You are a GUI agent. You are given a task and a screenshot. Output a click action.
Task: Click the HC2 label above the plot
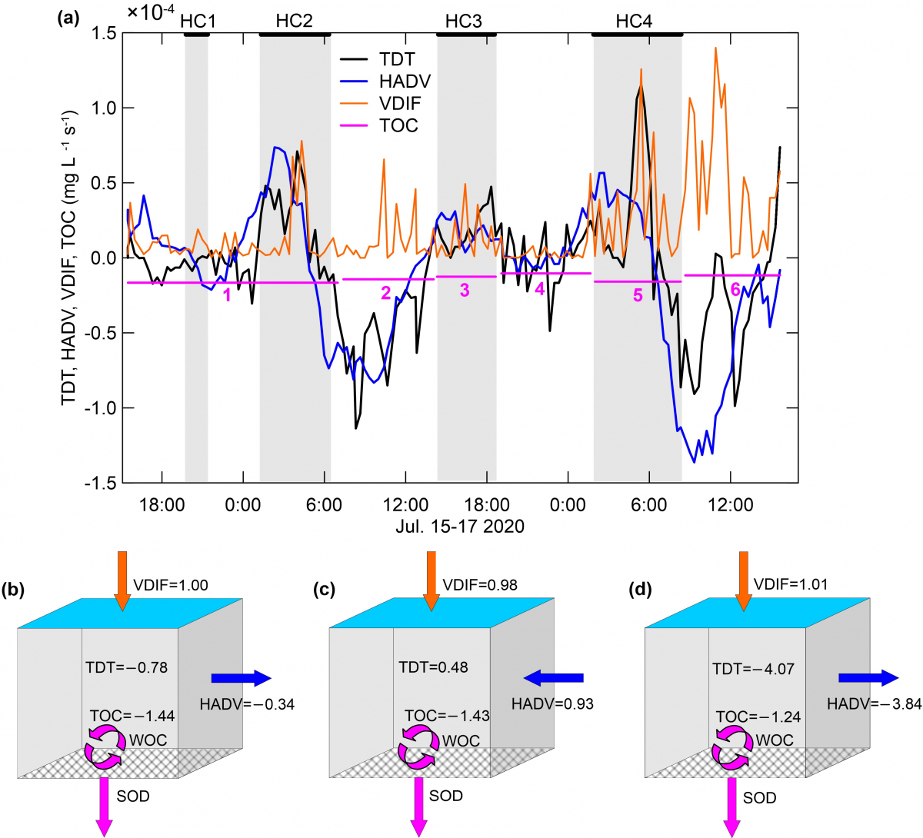pyautogui.click(x=295, y=21)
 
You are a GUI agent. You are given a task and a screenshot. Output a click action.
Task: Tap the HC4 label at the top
pyautogui.click(x=634, y=21)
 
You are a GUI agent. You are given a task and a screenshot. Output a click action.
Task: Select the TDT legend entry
pyautogui.click(x=397, y=59)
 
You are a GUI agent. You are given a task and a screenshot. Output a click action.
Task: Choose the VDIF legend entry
pyautogui.click(x=400, y=104)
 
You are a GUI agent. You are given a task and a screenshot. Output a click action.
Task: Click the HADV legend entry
pyautogui.click(x=405, y=81)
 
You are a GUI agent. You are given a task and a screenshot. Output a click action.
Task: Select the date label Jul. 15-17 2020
pyautogui.click(x=460, y=527)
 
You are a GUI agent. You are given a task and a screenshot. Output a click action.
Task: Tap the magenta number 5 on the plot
pyautogui.click(x=638, y=295)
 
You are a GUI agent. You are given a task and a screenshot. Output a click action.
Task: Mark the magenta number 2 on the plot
pyautogui.click(x=386, y=292)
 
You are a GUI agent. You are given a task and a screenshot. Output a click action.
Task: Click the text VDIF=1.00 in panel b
pyautogui.click(x=171, y=585)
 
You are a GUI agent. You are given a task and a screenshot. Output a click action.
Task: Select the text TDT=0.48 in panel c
pyautogui.click(x=433, y=667)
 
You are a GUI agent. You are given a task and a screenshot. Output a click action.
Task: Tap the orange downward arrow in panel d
pyautogui.click(x=742, y=580)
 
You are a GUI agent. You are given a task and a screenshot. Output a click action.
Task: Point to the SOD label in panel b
pyautogui.click(x=133, y=796)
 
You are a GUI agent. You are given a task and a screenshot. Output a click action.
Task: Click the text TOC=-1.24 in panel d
pyautogui.click(x=758, y=717)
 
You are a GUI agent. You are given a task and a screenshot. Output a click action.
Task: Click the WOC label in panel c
pyautogui.click(x=461, y=741)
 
